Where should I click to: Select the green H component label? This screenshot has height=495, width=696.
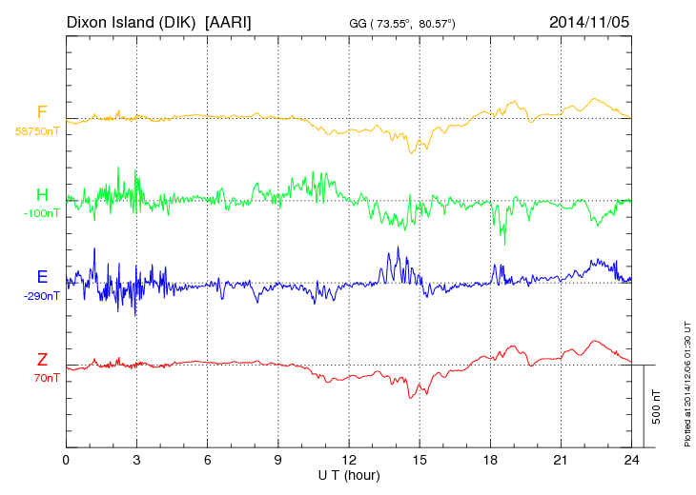tap(42, 195)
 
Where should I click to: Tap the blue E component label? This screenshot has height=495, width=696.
tap(42, 277)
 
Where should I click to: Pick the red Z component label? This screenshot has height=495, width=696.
tap(42, 359)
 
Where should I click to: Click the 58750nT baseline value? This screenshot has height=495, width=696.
tap(36, 132)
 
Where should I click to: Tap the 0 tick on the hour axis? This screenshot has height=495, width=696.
tap(66, 460)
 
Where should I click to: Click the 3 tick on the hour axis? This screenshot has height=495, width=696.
tap(136, 460)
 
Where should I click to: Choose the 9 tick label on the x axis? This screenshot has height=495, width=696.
tap(278, 460)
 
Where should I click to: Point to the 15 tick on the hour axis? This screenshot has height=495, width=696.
tap(420, 460)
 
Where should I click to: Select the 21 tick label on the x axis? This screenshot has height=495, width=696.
tap(561, 460)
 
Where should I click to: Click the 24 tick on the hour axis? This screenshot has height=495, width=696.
tap(631, 460)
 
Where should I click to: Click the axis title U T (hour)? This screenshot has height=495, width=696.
tap(349, 474)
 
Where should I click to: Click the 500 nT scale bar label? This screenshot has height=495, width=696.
tap(657, 406)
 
